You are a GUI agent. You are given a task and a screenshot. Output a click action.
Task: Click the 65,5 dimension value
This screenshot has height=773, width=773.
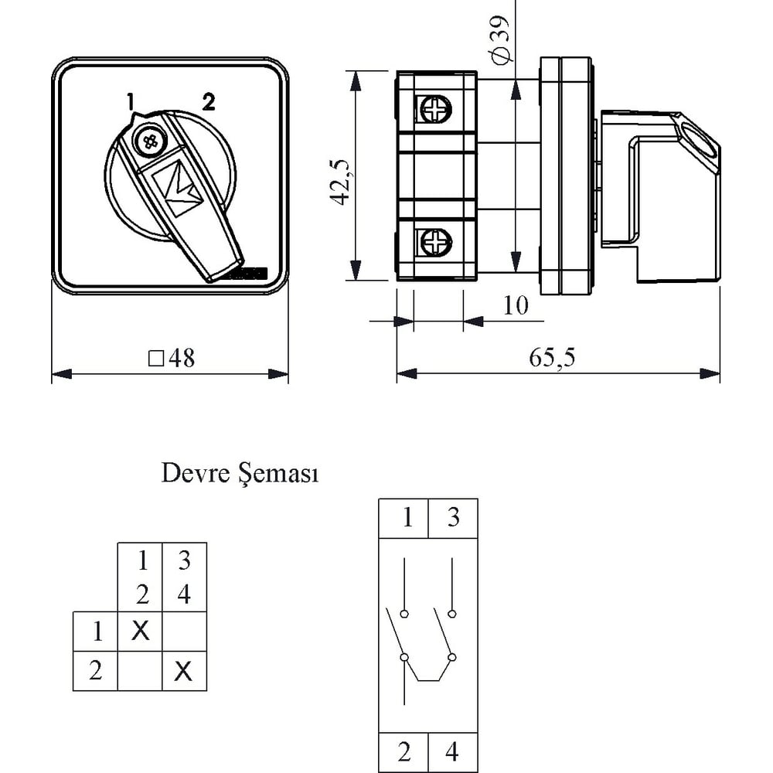tap(552, 357)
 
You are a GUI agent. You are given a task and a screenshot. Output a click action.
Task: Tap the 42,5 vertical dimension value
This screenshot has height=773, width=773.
tap(340, 182)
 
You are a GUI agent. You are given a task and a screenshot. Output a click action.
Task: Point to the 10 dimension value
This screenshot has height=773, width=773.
tap(516, 305)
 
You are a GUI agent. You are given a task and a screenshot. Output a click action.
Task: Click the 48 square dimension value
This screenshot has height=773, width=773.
tap(172, 359)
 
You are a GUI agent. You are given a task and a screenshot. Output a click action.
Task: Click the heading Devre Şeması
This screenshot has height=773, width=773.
tap(240, 473)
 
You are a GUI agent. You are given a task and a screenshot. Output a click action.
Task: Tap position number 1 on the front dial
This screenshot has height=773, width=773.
tap(130, 101)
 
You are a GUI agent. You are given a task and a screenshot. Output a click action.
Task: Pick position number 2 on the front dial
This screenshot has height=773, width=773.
tap(209, 101)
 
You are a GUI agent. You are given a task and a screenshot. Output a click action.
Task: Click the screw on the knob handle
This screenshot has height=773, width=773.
tap(149, 142)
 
